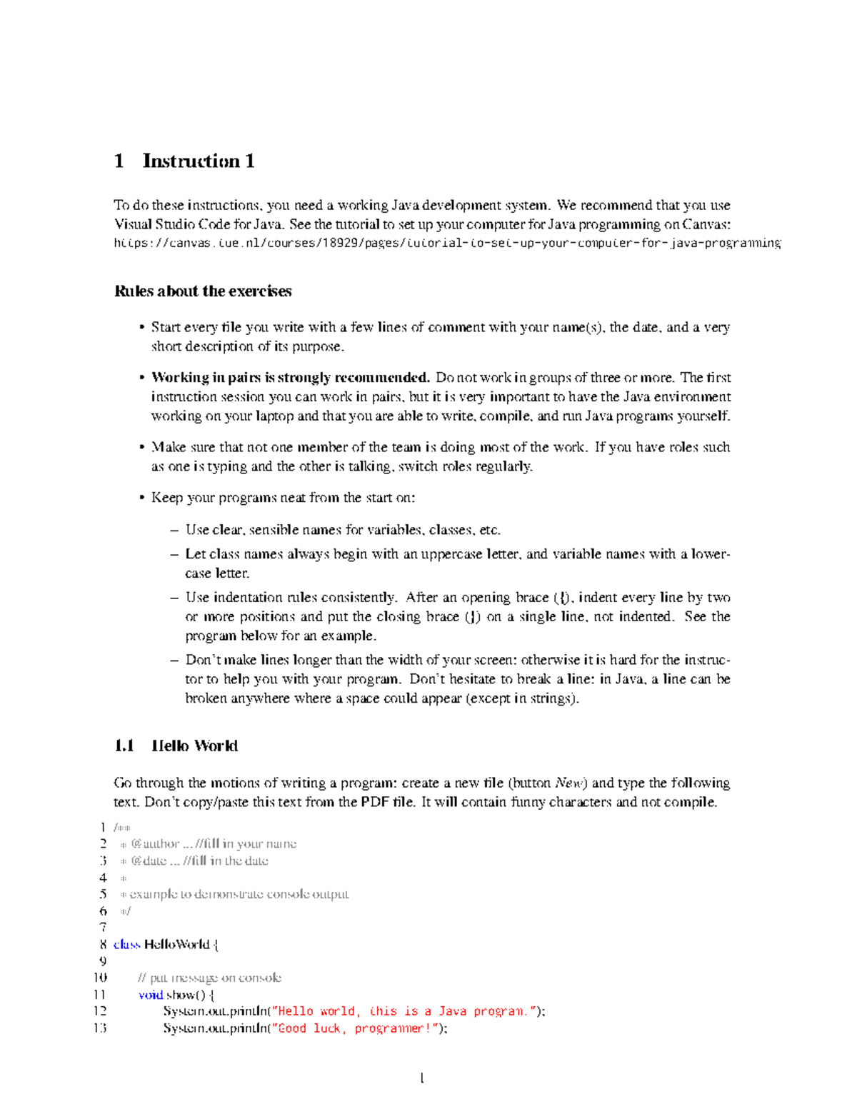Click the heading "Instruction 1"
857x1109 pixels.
[x=198, y=161]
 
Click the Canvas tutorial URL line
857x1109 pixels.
[x=447, y=244]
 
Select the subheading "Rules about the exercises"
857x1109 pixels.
[x=203, y=291]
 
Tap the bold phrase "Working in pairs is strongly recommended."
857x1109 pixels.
[x=290, y=378]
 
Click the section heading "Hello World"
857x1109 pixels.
[x=194, y=746]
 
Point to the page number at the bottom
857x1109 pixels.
[x=422, y=1078]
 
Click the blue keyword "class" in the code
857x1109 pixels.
[x=126, y=945]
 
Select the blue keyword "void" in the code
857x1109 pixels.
[x=151, y=995]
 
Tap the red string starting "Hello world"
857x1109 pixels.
[x=403, y=1011]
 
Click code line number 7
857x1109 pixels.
[x=103, y=928]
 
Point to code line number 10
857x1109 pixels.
[x=100, y=978]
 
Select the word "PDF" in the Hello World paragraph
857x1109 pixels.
[x=375, y=803]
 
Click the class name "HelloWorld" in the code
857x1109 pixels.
[x=176, y=945]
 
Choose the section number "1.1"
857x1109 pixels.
[x=124, y=746]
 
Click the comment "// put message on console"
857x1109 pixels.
[x=209, y=978]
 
